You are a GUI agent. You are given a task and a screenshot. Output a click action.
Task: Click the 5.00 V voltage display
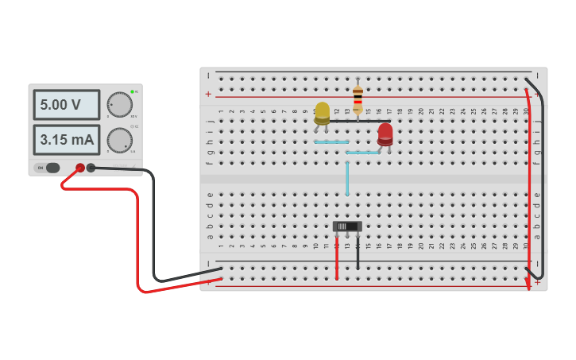click(x=66, y=105)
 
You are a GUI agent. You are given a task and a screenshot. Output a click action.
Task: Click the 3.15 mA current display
click(x=66, y=140)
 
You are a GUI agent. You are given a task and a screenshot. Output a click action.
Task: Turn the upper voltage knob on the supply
click(x=119, y=104)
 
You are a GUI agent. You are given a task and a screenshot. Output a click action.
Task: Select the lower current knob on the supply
click(x=119, y=140)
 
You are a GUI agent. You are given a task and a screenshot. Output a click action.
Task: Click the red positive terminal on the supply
click(x=80, y=168)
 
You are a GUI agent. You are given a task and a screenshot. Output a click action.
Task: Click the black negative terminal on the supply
click(x=91, y=168)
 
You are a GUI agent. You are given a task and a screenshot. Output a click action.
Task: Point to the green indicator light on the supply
click(x=132, y=92)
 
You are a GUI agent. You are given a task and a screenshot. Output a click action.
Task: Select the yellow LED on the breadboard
click(x=322, y=112)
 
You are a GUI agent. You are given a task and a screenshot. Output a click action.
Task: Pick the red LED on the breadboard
click(x=385, y=133)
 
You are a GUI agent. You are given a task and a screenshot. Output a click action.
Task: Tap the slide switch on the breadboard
click(x=347, y=226)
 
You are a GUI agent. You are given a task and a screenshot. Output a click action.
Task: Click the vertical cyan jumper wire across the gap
click(x=347, y=178)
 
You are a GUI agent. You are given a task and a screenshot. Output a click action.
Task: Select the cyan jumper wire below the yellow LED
click(x=331, y=142)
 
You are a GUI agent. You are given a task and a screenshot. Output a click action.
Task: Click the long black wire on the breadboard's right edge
click(x=539, y=175)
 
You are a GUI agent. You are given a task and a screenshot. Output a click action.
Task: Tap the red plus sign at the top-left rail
click(x=208, y=94)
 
